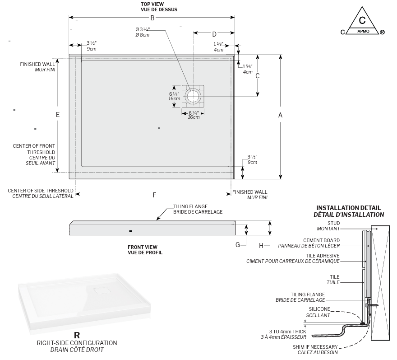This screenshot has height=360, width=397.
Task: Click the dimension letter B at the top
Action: (152, 18)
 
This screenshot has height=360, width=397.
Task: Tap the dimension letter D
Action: (214, 34)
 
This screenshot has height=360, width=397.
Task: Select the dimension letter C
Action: (258, 76)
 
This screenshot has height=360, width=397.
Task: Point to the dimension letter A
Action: (280, 115)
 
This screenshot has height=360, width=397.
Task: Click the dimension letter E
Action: (58, 115)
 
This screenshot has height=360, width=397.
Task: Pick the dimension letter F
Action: (154, 195)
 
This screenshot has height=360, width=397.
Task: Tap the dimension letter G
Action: (237, 245)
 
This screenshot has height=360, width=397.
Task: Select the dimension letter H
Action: (261, 246)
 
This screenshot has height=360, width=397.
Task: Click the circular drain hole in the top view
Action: (194, 96)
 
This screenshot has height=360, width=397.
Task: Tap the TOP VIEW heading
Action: (152, 4)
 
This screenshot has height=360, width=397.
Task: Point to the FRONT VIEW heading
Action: (145, 247)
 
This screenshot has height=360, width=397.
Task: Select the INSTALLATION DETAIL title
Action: (349, 208)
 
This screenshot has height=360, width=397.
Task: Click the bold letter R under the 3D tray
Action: (77, 335)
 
